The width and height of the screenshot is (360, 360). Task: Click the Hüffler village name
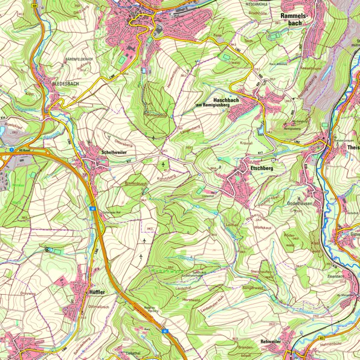click(x=97, y=292)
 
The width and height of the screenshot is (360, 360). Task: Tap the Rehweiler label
click(x=270, y=341)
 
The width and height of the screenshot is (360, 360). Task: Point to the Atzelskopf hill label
click(x=13, y=124)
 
